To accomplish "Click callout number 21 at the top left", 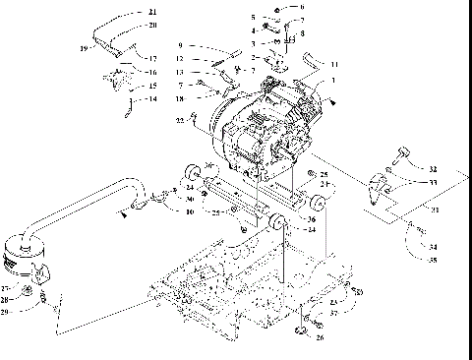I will tap(151, 12).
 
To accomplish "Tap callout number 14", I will tap(151, 100).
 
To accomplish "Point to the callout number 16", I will tap(152, 73).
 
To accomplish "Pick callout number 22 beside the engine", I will tap(179, 120).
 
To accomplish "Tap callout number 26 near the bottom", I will tap(318, 337).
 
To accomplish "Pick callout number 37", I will tap(334, 314).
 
